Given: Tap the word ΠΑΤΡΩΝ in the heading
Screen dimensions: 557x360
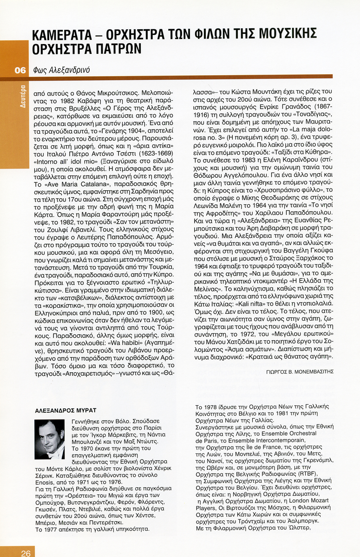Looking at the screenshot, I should pyautogui.click(x=116, y=48).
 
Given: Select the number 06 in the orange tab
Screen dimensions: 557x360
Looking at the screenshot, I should pyautogui.click(x=20, y=71).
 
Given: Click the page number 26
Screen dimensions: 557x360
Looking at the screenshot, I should pyautogui.click(x=25, y=552).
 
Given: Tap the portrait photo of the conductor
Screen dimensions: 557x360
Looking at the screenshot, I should pyautogui.click(x=50, y=439).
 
